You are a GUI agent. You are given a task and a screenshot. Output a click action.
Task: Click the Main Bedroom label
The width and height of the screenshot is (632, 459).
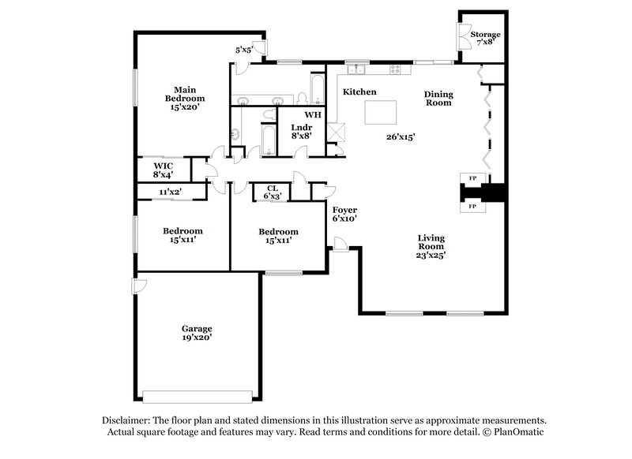[x=184, y=98]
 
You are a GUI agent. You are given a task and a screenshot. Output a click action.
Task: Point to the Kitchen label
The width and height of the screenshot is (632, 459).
[x=359, y=92]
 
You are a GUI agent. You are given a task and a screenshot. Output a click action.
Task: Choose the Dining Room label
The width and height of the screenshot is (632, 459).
[x=438, y=97]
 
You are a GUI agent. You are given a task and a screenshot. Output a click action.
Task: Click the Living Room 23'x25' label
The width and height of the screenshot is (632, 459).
[x=431, y=246]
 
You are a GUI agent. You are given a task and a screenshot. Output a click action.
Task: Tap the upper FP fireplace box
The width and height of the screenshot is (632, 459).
[x=472, y=179]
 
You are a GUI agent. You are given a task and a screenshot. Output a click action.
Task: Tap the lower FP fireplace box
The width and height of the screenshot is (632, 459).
[x=472, y=206]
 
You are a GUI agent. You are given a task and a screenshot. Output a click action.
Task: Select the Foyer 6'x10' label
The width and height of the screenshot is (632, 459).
[x=344, y=215]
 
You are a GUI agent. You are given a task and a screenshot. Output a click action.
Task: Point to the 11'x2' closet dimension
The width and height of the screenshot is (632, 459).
[x=171, y=191]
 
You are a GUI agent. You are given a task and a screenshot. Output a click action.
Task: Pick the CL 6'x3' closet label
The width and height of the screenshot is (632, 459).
[x=272, y=191]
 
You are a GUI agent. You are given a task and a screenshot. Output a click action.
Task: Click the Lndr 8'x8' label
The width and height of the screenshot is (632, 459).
[x=300, y=131]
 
